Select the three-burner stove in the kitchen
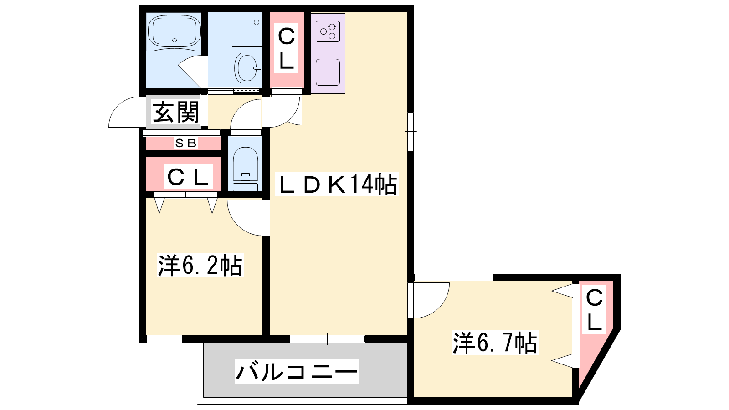[328, 31]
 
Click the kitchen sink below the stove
[328, 72]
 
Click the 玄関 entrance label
[176, 112]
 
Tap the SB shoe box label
[186, 143]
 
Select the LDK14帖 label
[337, 184]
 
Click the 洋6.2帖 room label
[200, 265]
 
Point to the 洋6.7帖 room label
[495, 342]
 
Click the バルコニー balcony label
[297, 371]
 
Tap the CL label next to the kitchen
[286, 48]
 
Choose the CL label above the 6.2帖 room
[188, 177]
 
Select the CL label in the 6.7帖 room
[594, 309]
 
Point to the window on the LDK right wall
[411, 132]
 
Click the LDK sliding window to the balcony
[327, 339]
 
